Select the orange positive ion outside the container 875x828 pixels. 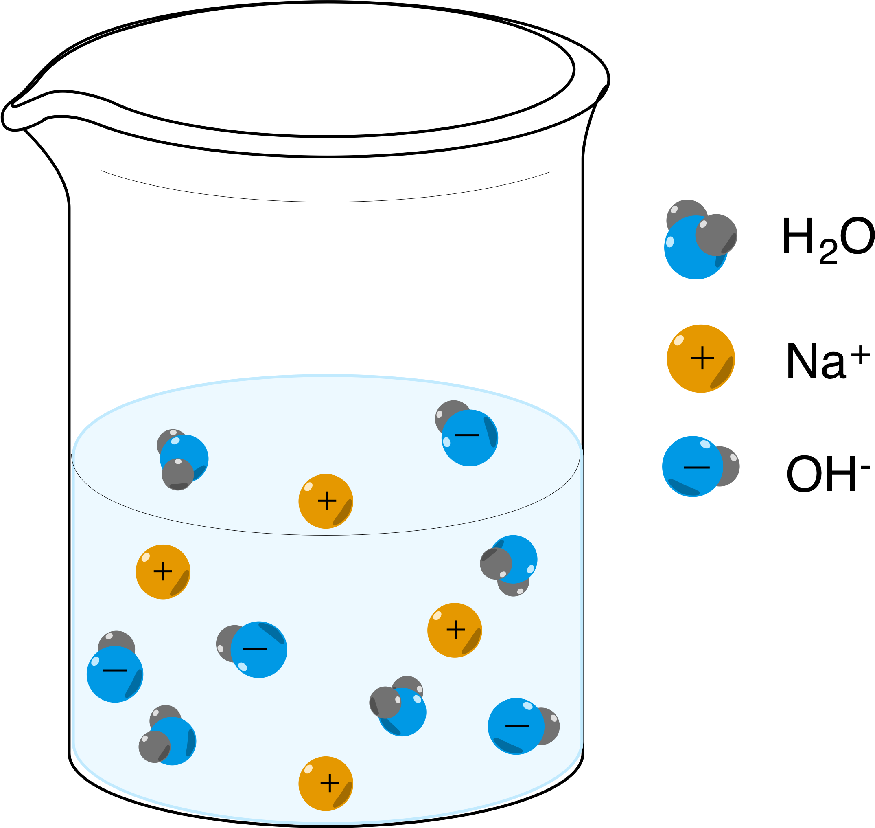[x=700, y=358]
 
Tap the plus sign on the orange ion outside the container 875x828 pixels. [x=702, y=358]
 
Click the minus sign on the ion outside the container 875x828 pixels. [x=696, y=468]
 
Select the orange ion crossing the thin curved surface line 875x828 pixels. [x=326, y=501]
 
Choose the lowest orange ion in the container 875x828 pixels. [x=326, y=784]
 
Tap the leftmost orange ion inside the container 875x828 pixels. [x=163, y=572]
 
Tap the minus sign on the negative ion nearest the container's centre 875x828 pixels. [x=255, y=649]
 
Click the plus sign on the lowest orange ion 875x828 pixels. [x=330, y=784]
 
